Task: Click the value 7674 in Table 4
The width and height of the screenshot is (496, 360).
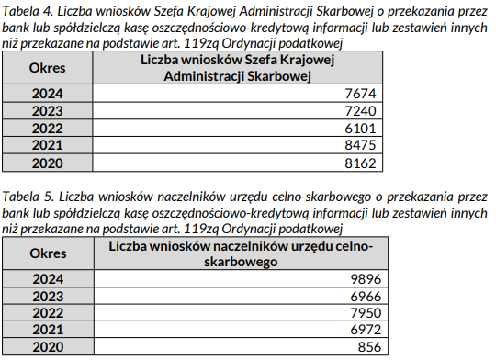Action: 363,94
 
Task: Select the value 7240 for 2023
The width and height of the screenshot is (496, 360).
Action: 363,111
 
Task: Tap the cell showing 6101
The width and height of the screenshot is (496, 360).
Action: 363,129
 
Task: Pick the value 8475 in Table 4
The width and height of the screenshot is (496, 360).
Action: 363,146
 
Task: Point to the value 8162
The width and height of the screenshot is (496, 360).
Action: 363,163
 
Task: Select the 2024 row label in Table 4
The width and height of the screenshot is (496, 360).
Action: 47,94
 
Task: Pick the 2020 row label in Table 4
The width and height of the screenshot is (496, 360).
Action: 47,163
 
